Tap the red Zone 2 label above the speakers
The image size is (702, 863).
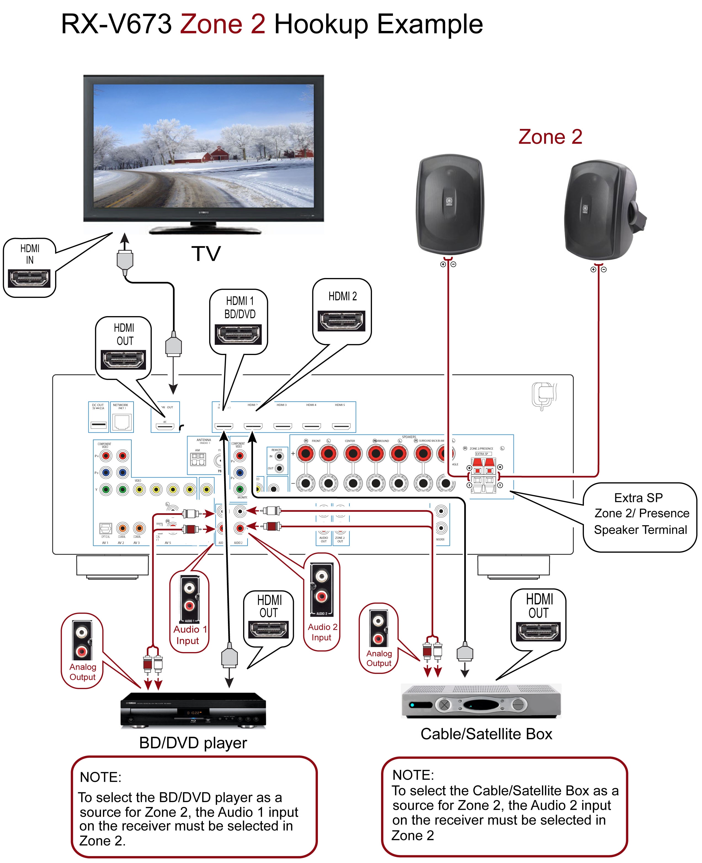point(550,137)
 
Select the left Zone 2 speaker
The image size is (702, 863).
point(450,204)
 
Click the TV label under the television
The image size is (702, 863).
point(206,254)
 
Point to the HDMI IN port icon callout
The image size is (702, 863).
point(29,278)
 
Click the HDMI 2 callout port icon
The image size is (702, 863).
point(341,321)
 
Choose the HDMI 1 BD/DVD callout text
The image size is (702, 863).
point(240,308)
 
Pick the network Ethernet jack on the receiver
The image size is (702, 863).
point(122,422)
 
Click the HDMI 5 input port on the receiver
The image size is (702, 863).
point(341,426)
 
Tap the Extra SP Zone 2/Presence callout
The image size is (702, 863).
point(640,514)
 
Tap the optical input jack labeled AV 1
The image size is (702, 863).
point(105,528)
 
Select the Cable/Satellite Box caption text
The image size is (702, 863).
point(486,734)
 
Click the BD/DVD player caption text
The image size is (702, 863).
point(193,743)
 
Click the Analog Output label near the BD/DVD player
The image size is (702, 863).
point(83,672)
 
